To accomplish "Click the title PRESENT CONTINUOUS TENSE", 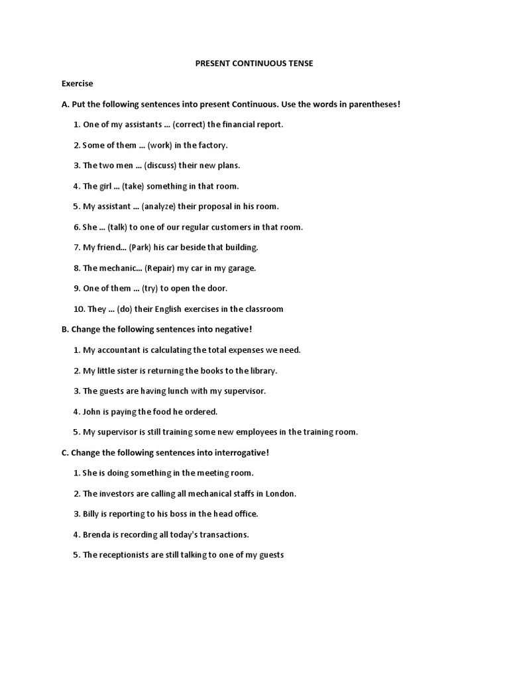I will [x=254, y=63].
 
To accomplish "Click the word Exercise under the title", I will [x=78, y=83].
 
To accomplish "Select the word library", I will [x=262, y=371].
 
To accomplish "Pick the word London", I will [x=280, y=494].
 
